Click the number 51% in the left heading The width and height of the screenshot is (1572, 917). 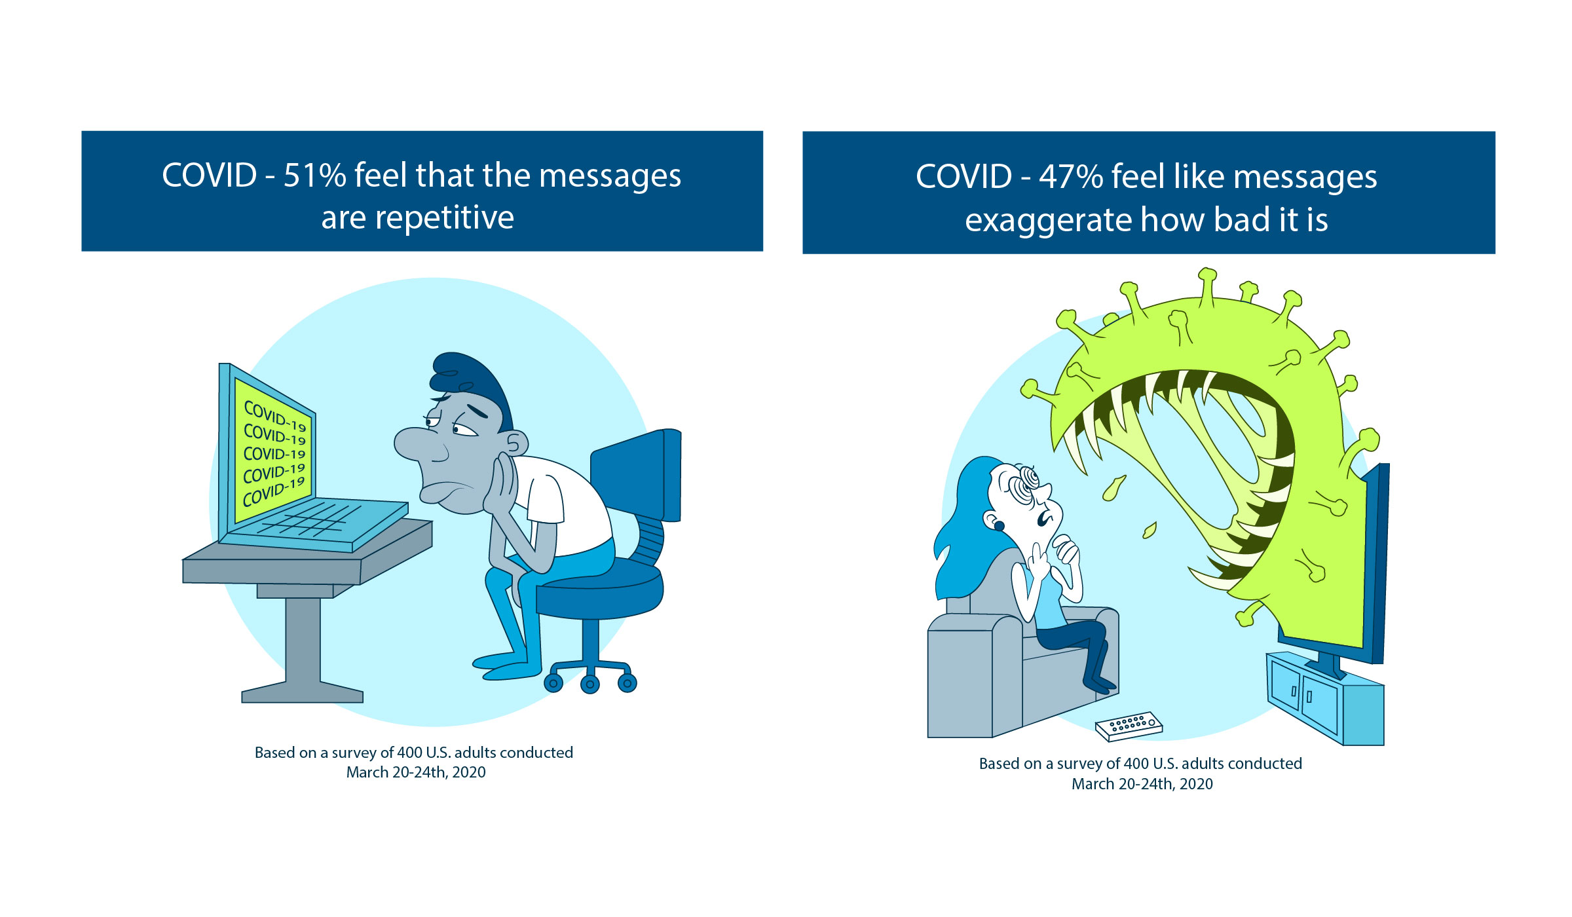314,176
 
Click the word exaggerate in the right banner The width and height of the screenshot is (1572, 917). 1048,221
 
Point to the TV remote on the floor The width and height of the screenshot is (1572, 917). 1129,726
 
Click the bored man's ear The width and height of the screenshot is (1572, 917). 515,443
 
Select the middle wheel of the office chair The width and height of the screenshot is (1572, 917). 590,684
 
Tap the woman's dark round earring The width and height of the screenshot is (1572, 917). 1000,525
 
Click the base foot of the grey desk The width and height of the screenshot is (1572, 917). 303,693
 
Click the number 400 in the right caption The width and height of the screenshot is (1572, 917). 1136,764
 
